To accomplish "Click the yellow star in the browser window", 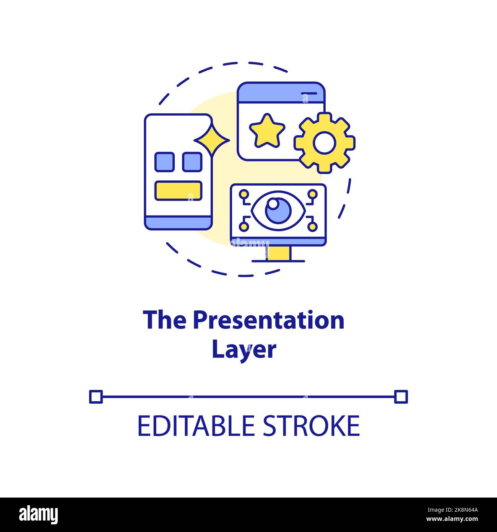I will click(267, 131).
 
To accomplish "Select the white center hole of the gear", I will click(324, 142).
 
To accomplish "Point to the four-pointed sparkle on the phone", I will click(212, 140).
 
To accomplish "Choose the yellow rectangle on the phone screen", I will click(178, 191).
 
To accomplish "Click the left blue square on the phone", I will click(165, 162).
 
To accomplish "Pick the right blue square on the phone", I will click(192, 162).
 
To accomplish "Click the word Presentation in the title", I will click(268, 320).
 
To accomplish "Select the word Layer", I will click(244, 349).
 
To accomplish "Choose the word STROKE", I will click(311, 426).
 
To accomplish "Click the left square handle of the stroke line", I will click(96, 397).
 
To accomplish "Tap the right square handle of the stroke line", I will click(401, 397).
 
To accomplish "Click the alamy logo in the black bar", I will click(38, 514).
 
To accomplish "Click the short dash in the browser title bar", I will click(309, 93).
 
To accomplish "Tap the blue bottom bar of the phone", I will click(178, 222).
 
